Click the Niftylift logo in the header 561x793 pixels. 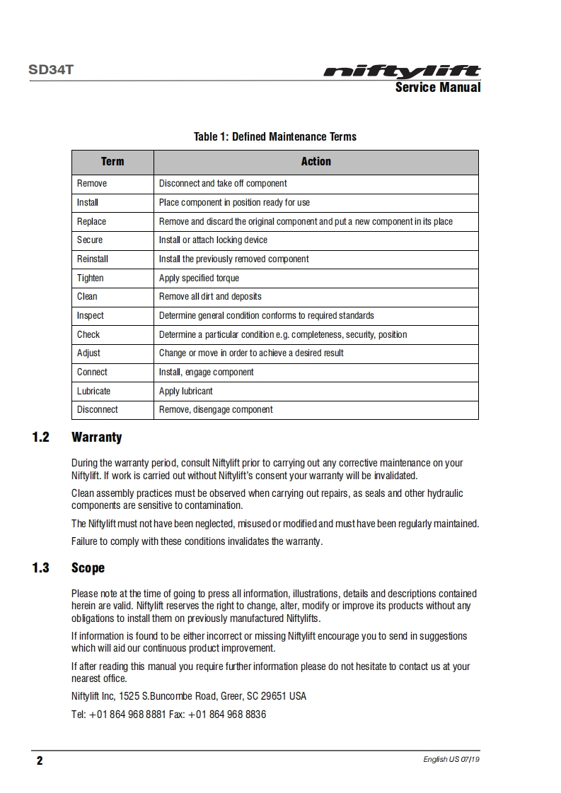point(402,71)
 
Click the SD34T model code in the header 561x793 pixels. point(51,71)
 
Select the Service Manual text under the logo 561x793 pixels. point(437,88)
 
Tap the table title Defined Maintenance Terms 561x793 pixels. point(275,136)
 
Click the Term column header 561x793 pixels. point(112,162)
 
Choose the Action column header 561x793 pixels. point(316,162)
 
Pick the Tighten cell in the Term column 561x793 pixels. point(91,278)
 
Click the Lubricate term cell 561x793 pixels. point(94,391)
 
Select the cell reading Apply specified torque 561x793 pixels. point(199,278)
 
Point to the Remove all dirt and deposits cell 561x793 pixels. point(210,297)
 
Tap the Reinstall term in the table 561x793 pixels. point(93,259)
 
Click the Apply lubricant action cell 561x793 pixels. point(185,391)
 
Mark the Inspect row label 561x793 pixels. point(91,315)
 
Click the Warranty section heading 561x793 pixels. point(96,437)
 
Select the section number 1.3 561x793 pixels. point(41,568)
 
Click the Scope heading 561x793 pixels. point(88,568)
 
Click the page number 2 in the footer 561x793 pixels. point(40,760)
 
